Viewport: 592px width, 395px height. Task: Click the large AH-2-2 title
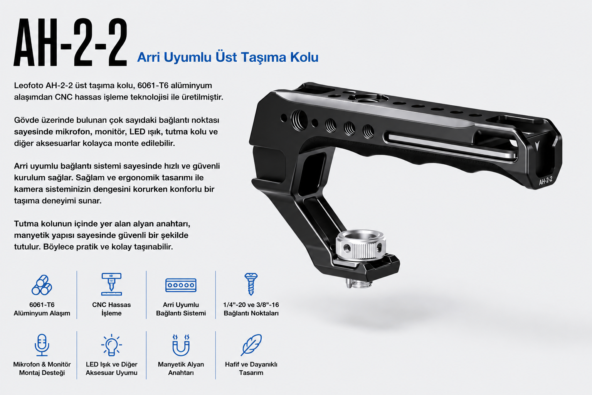pyautogui.click(x=71, y=42)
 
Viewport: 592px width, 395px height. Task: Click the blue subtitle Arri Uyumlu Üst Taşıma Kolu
pyautogui.click(x=228, y=57)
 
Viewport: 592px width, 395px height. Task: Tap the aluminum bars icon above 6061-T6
pyautogui.click(x=42, y=285)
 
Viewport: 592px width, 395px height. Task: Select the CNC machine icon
pyautogui.click(x=111, y=284)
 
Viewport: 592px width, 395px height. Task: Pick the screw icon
pyautogui.click(x=251, y=284)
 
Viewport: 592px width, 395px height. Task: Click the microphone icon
pyautogui.click(x=42, y=345)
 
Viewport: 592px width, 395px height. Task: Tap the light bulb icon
pyautogui.click(x=111, y=345)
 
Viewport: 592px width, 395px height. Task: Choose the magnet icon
pyautogui.click(x=181, y=345)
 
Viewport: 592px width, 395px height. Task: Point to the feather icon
pyautogui.click(x=251, y=345)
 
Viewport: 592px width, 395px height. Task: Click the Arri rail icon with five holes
pyautogui.click(x=181, y=285)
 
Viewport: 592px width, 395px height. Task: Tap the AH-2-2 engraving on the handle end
pyautogui.click(x=545, y=181)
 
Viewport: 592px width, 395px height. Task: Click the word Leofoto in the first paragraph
pyautogui.click(x=29, y=86)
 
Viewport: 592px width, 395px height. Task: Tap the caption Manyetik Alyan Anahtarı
pyautogui.click(x=181, y=368)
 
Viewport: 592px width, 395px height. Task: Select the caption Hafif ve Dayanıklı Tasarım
pyautogui.click(x=251, y=368)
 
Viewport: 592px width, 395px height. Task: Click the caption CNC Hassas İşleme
pyautogui.click(x=111, y=309)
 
